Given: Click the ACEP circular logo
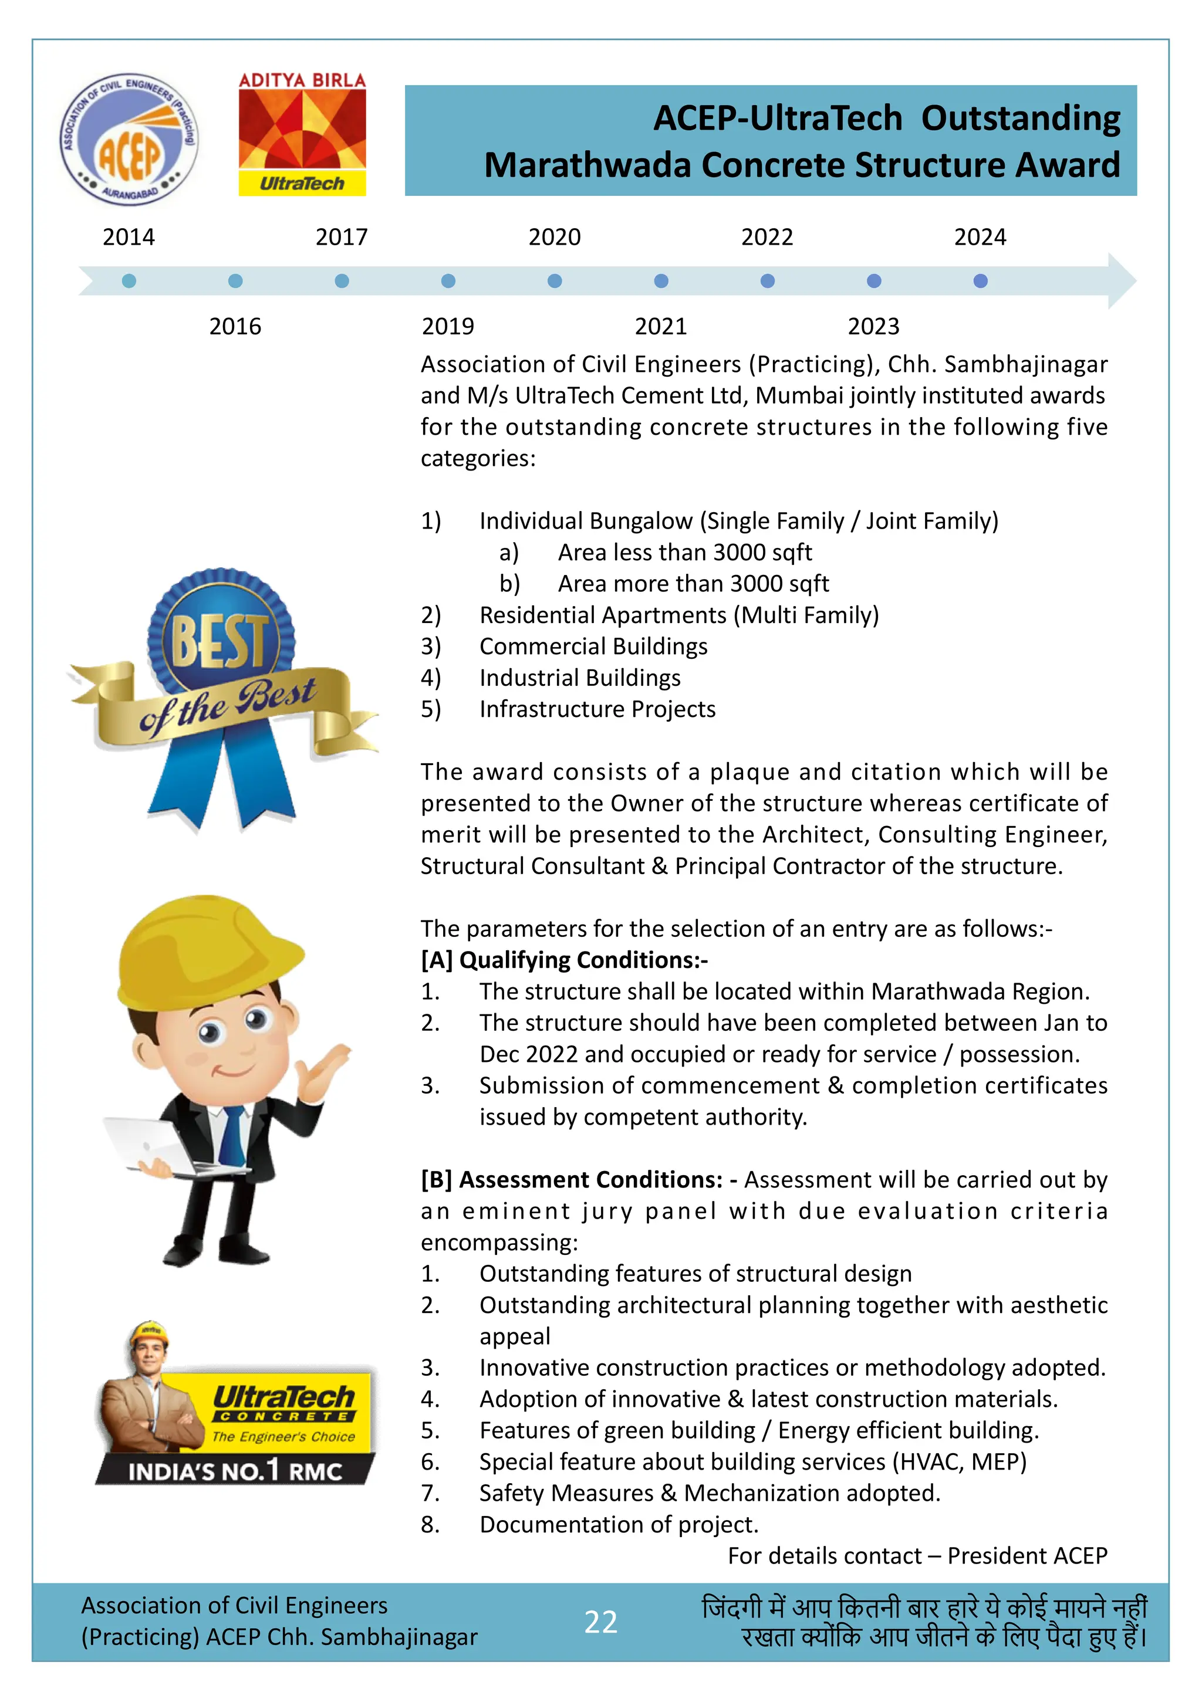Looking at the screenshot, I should (x=130, y=140).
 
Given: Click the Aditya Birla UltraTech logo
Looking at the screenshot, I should (x=302, y=134).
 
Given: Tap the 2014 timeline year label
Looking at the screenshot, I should (x=129, y=238).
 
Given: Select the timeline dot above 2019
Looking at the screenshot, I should (x=448, y=281).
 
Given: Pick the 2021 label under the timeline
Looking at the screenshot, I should (x=660, y=326).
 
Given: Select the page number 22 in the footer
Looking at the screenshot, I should (x=600, y=1622).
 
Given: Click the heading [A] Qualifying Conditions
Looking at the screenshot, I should (x=564, y=960).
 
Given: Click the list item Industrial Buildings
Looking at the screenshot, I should (x=579, y=678).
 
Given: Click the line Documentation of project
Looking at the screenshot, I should (x=619, y=1524).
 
